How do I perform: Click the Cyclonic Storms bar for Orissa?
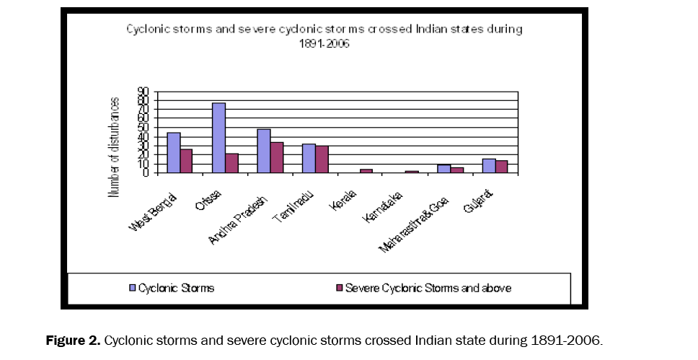218,138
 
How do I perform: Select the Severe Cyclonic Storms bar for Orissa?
231,163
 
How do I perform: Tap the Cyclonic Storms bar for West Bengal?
174,153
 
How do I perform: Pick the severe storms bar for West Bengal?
187,161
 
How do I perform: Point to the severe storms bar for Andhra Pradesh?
277,157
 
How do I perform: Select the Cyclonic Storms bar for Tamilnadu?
309,158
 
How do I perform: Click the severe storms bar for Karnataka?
412,172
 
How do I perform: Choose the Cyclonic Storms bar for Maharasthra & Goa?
443,169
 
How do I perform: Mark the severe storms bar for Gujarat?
501,167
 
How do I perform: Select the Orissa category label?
212,194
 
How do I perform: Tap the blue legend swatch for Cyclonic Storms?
132,288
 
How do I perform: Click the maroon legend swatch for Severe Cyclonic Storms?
338,288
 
